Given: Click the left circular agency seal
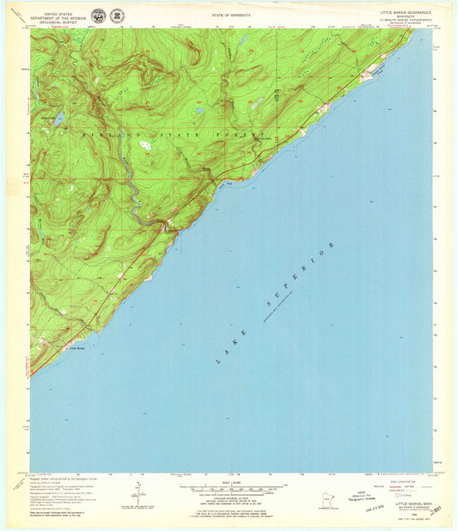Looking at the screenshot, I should (98, 16).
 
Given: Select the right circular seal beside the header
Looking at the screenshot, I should (116, 16).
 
